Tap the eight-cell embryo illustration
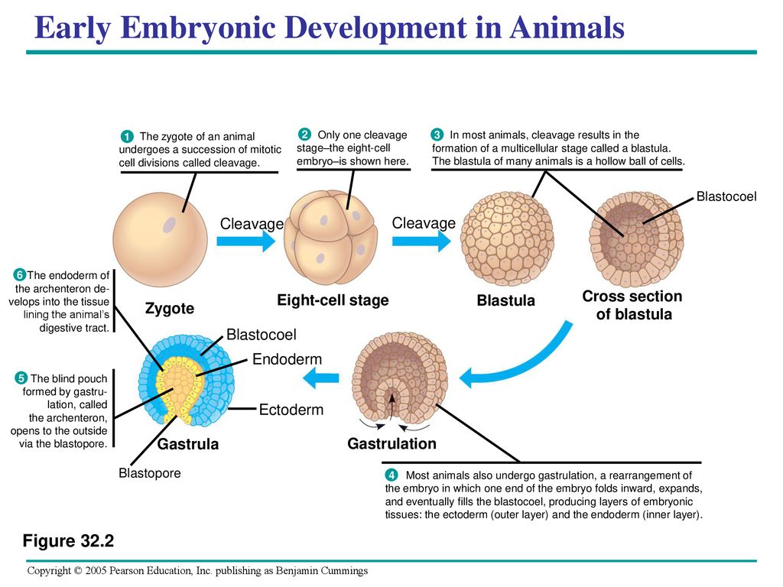331,237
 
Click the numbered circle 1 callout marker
127,136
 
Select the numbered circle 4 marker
391,475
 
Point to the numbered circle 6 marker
19,275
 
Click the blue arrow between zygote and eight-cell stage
245,242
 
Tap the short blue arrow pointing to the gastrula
320,378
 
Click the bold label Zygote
169,309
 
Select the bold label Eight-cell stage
333,300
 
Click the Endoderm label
288,359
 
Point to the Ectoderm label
291,410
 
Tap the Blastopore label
150,472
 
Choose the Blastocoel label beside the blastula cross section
726,196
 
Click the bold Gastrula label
188,444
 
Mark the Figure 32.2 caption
68,540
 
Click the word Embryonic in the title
198,28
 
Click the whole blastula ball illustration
507,239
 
